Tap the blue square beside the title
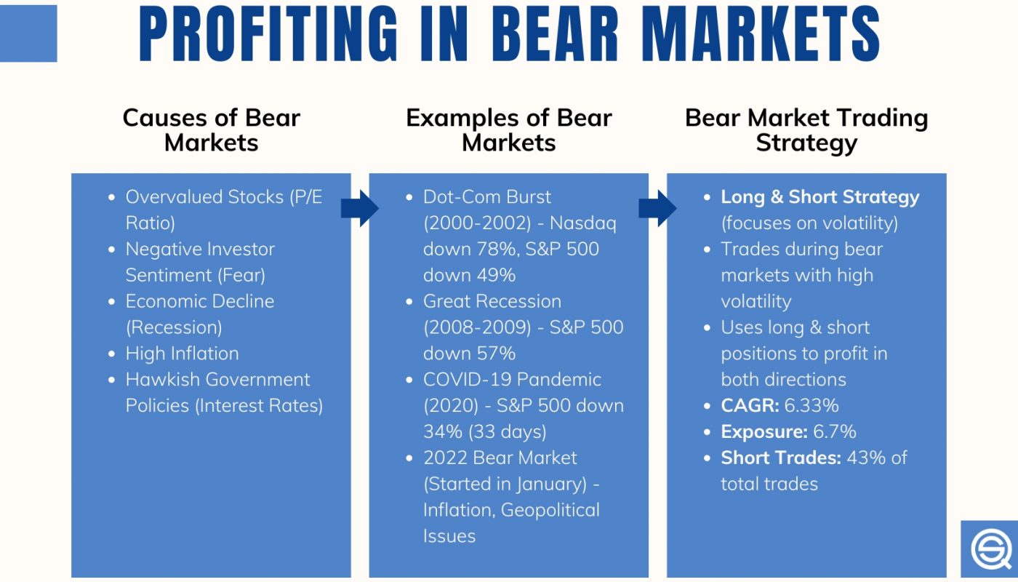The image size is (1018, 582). point(28,33)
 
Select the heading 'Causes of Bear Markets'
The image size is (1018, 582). point(211,129)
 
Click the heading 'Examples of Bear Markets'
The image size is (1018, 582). point(508,129)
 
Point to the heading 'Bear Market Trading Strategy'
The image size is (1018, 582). point(806,129)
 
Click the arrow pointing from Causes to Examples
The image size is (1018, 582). point(360,209)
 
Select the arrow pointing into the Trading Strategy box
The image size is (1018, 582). point(657,209)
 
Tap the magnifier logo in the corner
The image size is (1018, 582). point(990,549)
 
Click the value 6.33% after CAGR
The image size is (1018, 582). point(811,405)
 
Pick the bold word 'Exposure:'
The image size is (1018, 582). point(764,431)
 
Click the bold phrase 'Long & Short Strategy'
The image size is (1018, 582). point(820,197)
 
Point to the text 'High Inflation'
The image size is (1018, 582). point(182,354)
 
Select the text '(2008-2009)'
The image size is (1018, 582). point(477,327)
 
